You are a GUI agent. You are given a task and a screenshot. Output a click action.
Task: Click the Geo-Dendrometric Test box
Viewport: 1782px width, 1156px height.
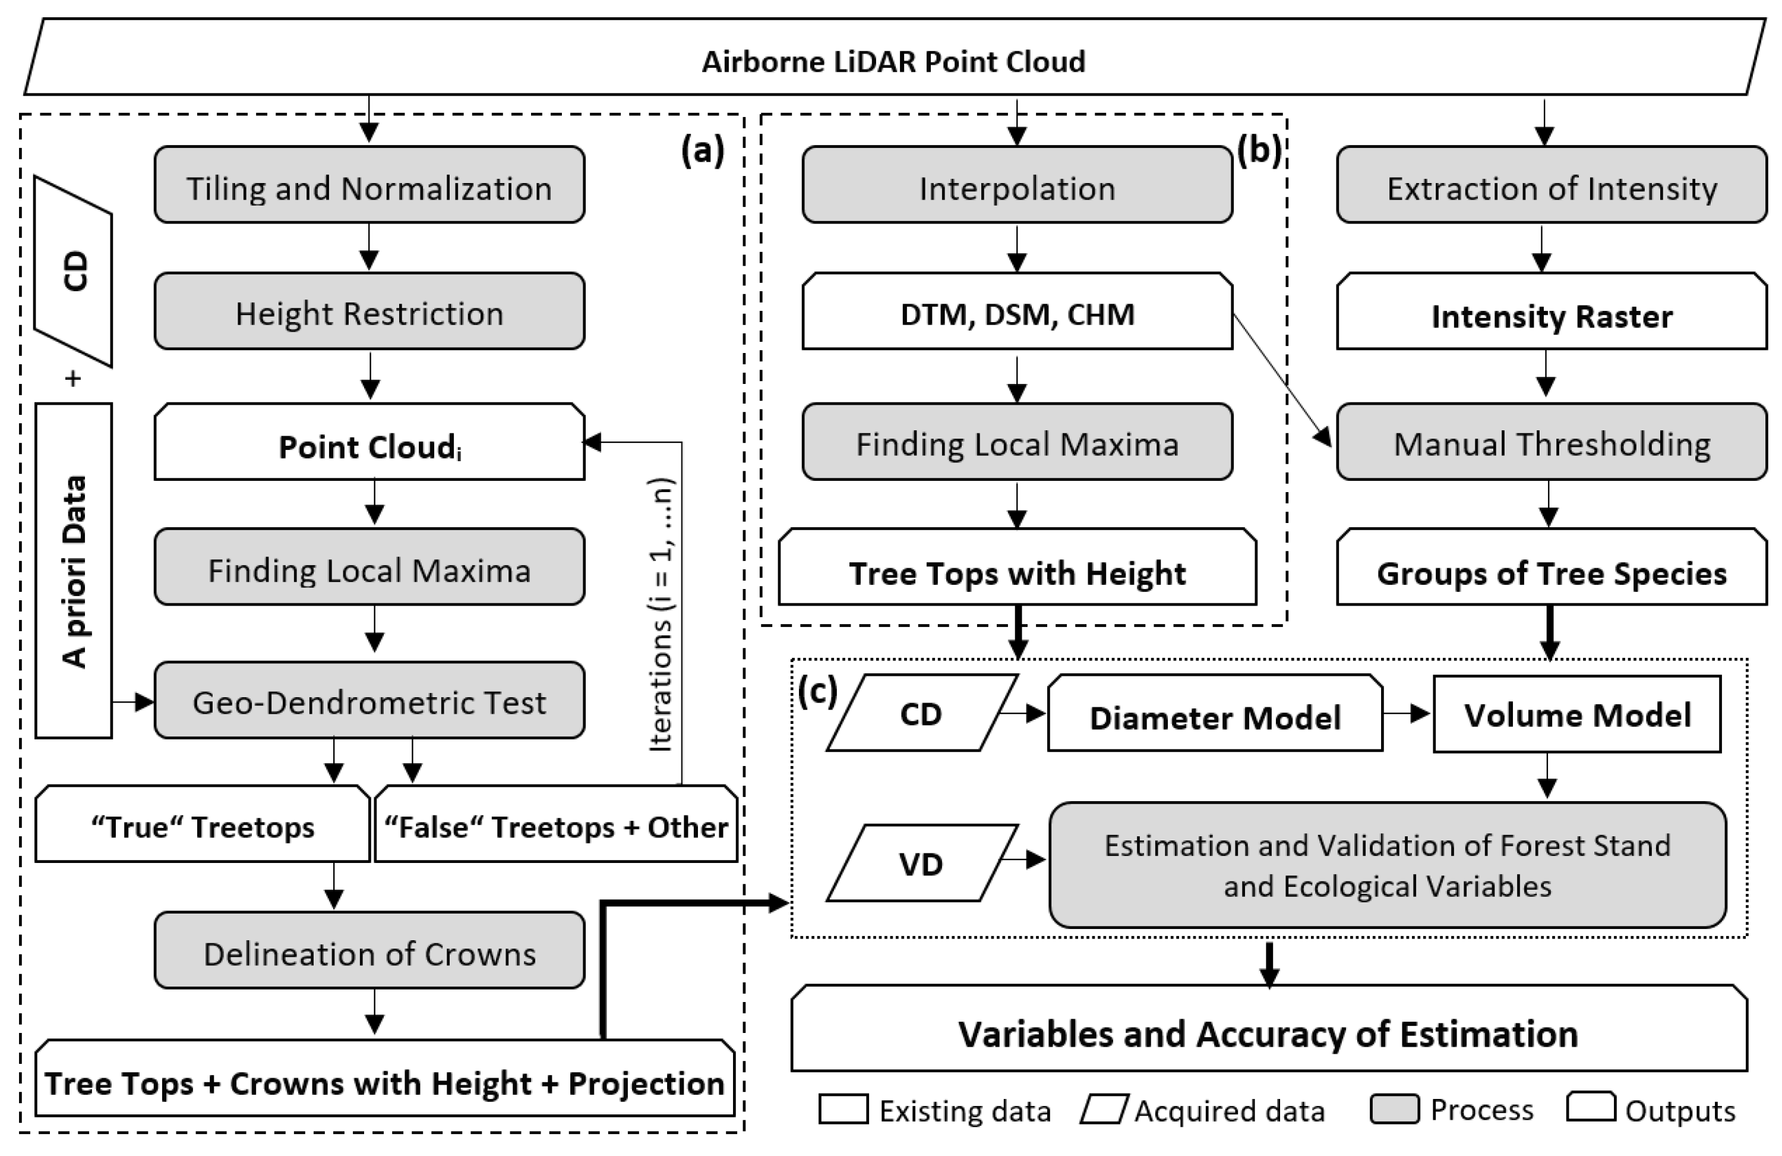click(369, 701)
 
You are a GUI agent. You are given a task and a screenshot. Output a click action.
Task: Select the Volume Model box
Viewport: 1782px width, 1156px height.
click(1577, 714)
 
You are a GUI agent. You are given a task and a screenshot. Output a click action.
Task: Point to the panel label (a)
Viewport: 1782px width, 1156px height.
click(702, 150)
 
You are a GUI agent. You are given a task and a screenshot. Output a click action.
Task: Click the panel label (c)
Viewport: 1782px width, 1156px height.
click(817, 691)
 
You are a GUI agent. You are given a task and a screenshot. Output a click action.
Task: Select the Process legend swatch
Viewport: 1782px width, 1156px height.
click(1394, 1109)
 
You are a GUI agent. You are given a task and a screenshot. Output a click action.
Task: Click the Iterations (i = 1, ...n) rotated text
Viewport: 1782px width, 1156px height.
click(661, 615)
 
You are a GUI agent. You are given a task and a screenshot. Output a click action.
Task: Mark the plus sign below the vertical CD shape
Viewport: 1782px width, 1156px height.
click(72, 379)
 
